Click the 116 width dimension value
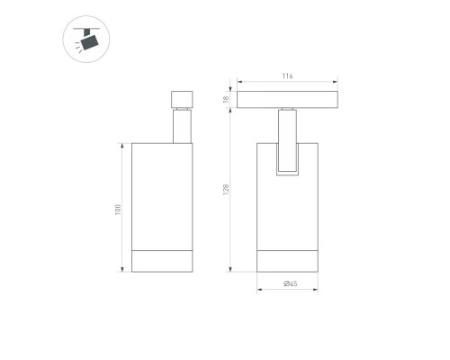287,76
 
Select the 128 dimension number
229,190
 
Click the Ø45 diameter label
290,283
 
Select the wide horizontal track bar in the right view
287,99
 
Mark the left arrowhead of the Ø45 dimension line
259,290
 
